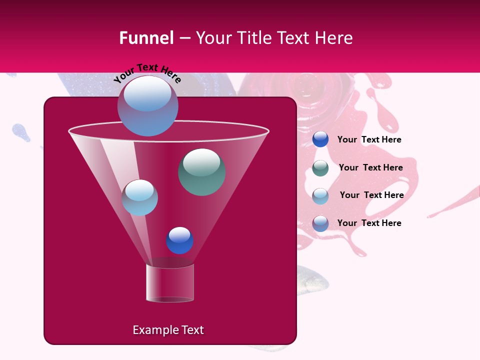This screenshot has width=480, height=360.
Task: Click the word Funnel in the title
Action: pos(146,38)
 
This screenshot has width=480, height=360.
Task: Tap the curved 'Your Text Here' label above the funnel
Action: pos(147,72)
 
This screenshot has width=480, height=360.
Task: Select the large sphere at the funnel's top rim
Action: pos(147,105)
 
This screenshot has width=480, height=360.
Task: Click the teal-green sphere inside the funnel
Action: pos(201,171)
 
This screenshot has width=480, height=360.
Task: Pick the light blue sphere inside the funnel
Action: pos(139,197)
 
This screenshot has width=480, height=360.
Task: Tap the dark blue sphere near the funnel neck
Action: pos(179,240)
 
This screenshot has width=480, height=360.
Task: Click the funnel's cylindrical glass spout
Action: pos(170,283)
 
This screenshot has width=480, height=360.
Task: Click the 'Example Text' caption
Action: pos(168,330)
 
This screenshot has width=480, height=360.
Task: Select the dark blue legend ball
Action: pos(320,139)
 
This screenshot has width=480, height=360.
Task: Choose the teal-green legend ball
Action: pos(320,167)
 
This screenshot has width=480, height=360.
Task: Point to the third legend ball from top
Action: pos(320,195)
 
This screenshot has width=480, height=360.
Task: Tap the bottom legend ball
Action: pos(320,223)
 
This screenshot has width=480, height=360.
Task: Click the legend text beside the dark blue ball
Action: pos(369,139)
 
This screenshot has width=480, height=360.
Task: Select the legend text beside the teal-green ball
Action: pos(370,167)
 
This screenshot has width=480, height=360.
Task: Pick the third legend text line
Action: pos(371,195)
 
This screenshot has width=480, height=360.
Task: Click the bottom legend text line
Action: pos(369,223)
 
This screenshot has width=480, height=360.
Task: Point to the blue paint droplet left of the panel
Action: pos(21,132)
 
